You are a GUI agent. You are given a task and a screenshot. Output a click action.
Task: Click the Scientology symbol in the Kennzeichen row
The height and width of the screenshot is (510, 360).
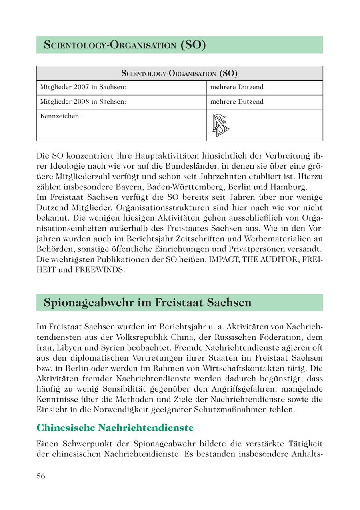point(220,126)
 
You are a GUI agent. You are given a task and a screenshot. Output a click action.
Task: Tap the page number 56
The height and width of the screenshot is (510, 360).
point(41,476)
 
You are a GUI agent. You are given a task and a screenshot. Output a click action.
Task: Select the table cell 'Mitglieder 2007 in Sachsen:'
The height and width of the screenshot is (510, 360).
point(83,87)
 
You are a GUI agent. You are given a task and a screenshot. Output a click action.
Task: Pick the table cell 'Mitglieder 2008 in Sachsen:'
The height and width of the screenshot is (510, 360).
point(83,102)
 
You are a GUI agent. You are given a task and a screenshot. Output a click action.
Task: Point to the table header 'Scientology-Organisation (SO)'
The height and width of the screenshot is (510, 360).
point(180,73)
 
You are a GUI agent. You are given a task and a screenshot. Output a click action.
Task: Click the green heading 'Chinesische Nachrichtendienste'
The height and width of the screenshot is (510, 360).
point(115,428)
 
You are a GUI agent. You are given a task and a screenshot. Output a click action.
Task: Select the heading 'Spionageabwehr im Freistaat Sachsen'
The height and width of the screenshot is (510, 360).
point(148,303)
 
